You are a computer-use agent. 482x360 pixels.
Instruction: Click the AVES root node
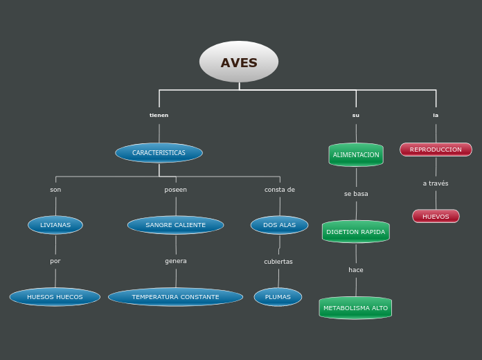point(239,62)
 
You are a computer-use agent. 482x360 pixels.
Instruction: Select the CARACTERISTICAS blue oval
point(159,152)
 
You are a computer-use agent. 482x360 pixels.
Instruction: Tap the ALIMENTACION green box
point(356,155)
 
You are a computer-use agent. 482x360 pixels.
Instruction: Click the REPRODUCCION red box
point(436,150)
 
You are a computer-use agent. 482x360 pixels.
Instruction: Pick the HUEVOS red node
point(436,217)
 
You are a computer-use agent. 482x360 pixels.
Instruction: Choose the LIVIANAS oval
point(55,225)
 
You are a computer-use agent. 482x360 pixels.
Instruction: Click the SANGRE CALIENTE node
point(175,225)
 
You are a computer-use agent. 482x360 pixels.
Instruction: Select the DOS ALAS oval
point(279,225)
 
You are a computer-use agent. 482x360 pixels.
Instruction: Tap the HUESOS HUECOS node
point(55,297)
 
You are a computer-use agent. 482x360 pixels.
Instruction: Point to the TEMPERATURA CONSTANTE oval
point(175,297)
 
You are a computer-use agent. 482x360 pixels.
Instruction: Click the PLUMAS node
point(278,297)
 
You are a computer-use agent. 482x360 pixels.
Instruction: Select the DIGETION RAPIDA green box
point(356,232)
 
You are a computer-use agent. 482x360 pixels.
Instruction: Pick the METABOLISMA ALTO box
point(355,307)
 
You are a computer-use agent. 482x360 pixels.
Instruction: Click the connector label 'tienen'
point(159,115)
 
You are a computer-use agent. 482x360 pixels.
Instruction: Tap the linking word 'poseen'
point(175,190)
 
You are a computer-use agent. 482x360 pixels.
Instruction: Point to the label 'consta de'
point(280,190)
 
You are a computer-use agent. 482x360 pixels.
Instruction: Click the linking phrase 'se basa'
point(356,194)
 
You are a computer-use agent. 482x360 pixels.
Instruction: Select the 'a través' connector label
point(436,183)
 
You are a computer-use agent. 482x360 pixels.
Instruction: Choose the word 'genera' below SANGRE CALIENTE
point(176,261)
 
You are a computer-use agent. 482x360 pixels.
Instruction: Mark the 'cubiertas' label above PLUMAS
point(278,262)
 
